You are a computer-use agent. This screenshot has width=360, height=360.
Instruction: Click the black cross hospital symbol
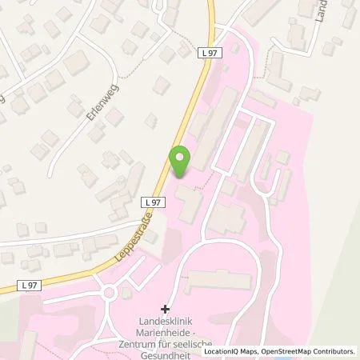[x=166, y=309]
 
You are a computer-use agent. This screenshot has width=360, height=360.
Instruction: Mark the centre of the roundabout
[x=110, y=293]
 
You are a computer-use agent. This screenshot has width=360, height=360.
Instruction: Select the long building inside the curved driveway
[x=215, y=281]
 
